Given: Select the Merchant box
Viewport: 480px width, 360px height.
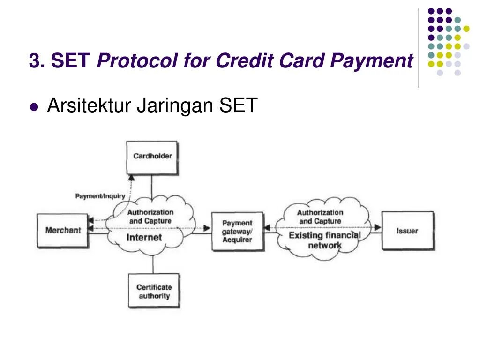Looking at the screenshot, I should [x=63, y=230].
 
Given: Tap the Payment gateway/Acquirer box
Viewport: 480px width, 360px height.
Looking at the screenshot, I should [x=237, y=232].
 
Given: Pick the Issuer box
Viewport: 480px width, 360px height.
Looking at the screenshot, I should [x=407, y=231].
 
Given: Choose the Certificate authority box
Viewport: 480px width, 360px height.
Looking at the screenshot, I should [x=154, y=291].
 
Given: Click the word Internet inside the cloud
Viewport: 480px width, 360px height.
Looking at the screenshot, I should [x=144, y=237].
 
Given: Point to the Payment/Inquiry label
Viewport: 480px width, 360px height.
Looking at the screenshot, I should [x=100, y=196].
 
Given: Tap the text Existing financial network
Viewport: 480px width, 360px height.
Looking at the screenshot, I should [x=324, y=240].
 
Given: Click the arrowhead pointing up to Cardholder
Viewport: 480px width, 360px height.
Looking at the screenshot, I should [x=131, y=178].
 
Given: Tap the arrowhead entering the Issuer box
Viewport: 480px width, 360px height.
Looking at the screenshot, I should [x=378, y=228].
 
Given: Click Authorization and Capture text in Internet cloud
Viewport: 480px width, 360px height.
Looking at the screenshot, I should [x=150, y=217].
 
